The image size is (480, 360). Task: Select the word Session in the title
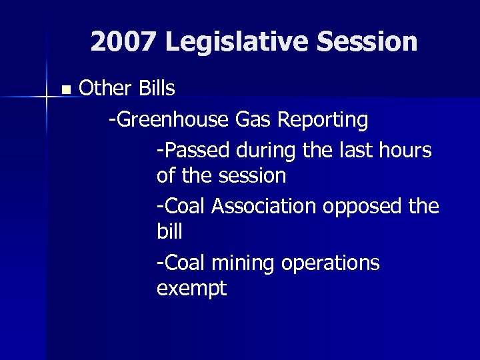pos(367,42)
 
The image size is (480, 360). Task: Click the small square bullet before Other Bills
pos(65,89)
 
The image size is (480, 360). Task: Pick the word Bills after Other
pos(157,88)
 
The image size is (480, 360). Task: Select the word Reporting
pos(323,121)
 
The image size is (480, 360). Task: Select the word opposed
pos(361,207)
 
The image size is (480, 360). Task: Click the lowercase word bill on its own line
pos(169,232)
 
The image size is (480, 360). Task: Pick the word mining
pos(243,264)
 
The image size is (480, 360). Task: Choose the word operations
pos(331,264)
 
